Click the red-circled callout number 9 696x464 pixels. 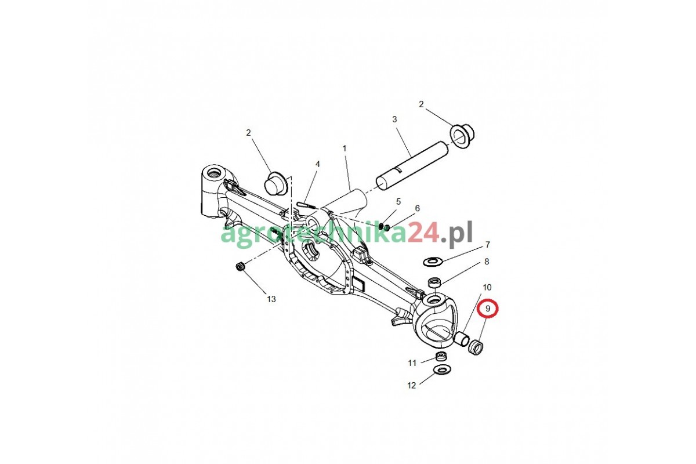point(488,309)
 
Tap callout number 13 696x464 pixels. point(271,299)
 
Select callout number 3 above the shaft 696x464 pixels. point(394,119)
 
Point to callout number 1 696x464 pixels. point(344,148)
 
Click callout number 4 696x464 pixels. point(317,164)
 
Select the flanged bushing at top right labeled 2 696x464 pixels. point(463,134)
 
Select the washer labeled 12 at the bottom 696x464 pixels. point(441,369)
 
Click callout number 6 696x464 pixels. point(417,208)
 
